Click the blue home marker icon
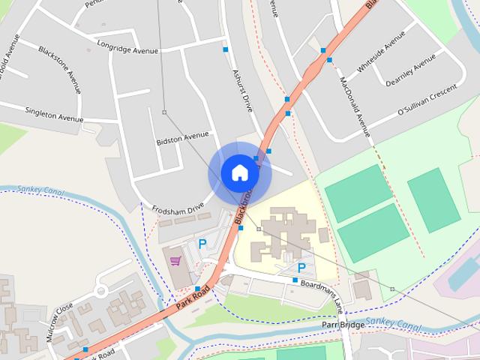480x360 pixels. (x=239, y=172)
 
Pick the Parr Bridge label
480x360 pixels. (x=343, y=325)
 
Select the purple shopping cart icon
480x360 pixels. (x=175, y=261)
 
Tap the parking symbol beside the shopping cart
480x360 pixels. (x=202, y=244)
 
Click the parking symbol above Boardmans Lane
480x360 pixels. (x=301, y=268)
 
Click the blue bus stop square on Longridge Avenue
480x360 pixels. (x=225, y=49)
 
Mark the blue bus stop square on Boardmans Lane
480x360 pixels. (x=295, y=280)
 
